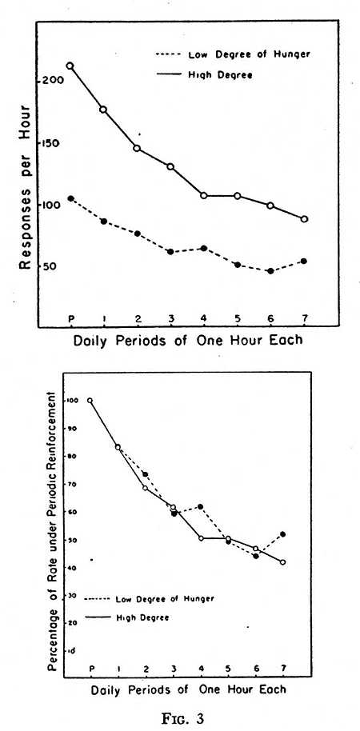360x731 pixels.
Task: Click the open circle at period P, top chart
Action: coord(70,66)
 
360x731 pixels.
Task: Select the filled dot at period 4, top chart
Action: coord(204,248)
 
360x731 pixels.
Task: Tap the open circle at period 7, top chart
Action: coord(304,219)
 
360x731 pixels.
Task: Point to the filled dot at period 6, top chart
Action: coord(270,271)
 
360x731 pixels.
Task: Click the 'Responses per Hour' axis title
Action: coord(25,186)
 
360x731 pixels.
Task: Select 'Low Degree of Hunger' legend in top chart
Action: coord(233,54)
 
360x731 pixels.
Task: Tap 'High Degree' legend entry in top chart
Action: coord(204,74)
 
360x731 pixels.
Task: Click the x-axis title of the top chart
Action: coord(187,339)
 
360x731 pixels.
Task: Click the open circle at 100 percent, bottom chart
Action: coord(90,401)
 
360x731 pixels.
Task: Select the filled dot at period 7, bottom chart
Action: coord(283,534)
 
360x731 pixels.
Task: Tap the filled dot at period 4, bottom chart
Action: coord(201,506)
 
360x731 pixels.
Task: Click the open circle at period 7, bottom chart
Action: coord(283,562)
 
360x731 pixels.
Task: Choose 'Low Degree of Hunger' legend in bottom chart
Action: coord(150,598)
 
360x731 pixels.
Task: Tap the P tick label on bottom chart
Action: coord(91,669)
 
